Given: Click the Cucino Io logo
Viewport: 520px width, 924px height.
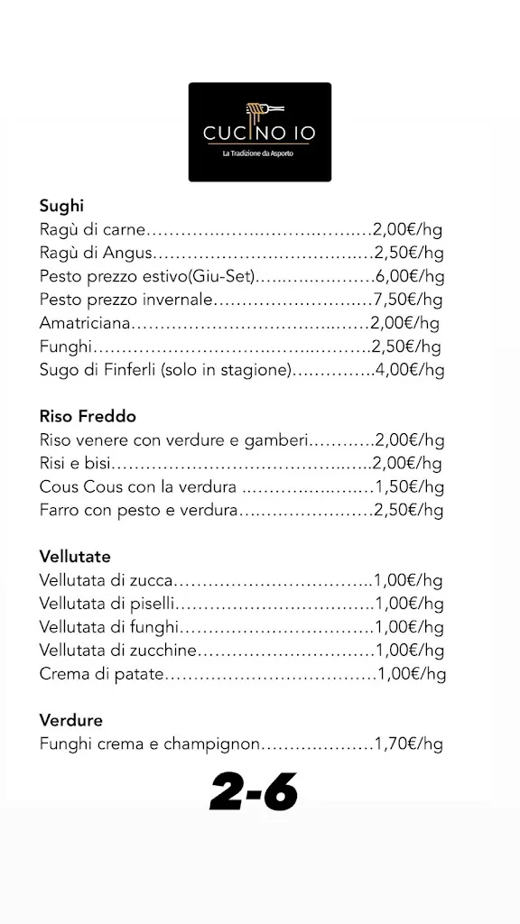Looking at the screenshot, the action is [259, 132].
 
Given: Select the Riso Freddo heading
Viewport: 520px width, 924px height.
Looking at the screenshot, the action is [88, 417].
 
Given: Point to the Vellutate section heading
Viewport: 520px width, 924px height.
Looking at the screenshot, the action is [75, 556].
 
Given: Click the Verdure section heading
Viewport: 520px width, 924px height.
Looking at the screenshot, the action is [70, 720].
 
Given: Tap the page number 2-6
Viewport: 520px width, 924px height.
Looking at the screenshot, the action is [254, 792].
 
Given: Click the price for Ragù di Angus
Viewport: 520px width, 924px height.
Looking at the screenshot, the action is [409, 252].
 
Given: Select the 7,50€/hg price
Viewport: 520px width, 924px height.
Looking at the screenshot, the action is [409, 299].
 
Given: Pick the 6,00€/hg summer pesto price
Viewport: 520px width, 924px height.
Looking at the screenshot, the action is [410, 275].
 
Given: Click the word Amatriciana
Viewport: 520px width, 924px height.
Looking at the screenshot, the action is [86, 322].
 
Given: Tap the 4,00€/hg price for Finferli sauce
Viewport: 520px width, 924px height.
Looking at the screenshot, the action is [410, 369].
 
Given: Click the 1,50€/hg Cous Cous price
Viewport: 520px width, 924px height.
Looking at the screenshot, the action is [409, 487].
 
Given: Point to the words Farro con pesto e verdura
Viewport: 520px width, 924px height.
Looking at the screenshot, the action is [138, 511].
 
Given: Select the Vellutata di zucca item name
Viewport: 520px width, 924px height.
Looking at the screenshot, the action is [106, 580].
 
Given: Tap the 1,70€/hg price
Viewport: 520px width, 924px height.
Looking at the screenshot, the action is [409, 744].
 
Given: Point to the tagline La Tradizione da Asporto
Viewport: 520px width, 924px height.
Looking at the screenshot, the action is [258, 153].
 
